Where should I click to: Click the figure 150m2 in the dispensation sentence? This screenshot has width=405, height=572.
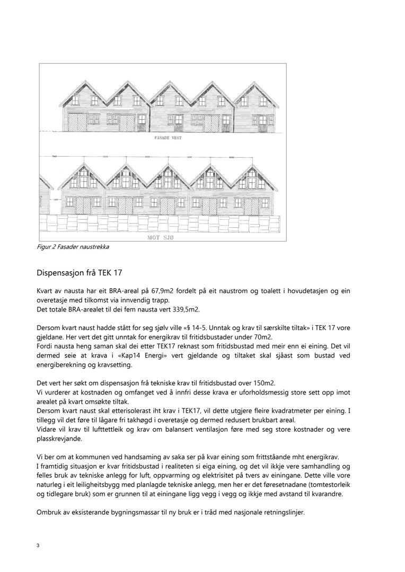coord(260,383)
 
